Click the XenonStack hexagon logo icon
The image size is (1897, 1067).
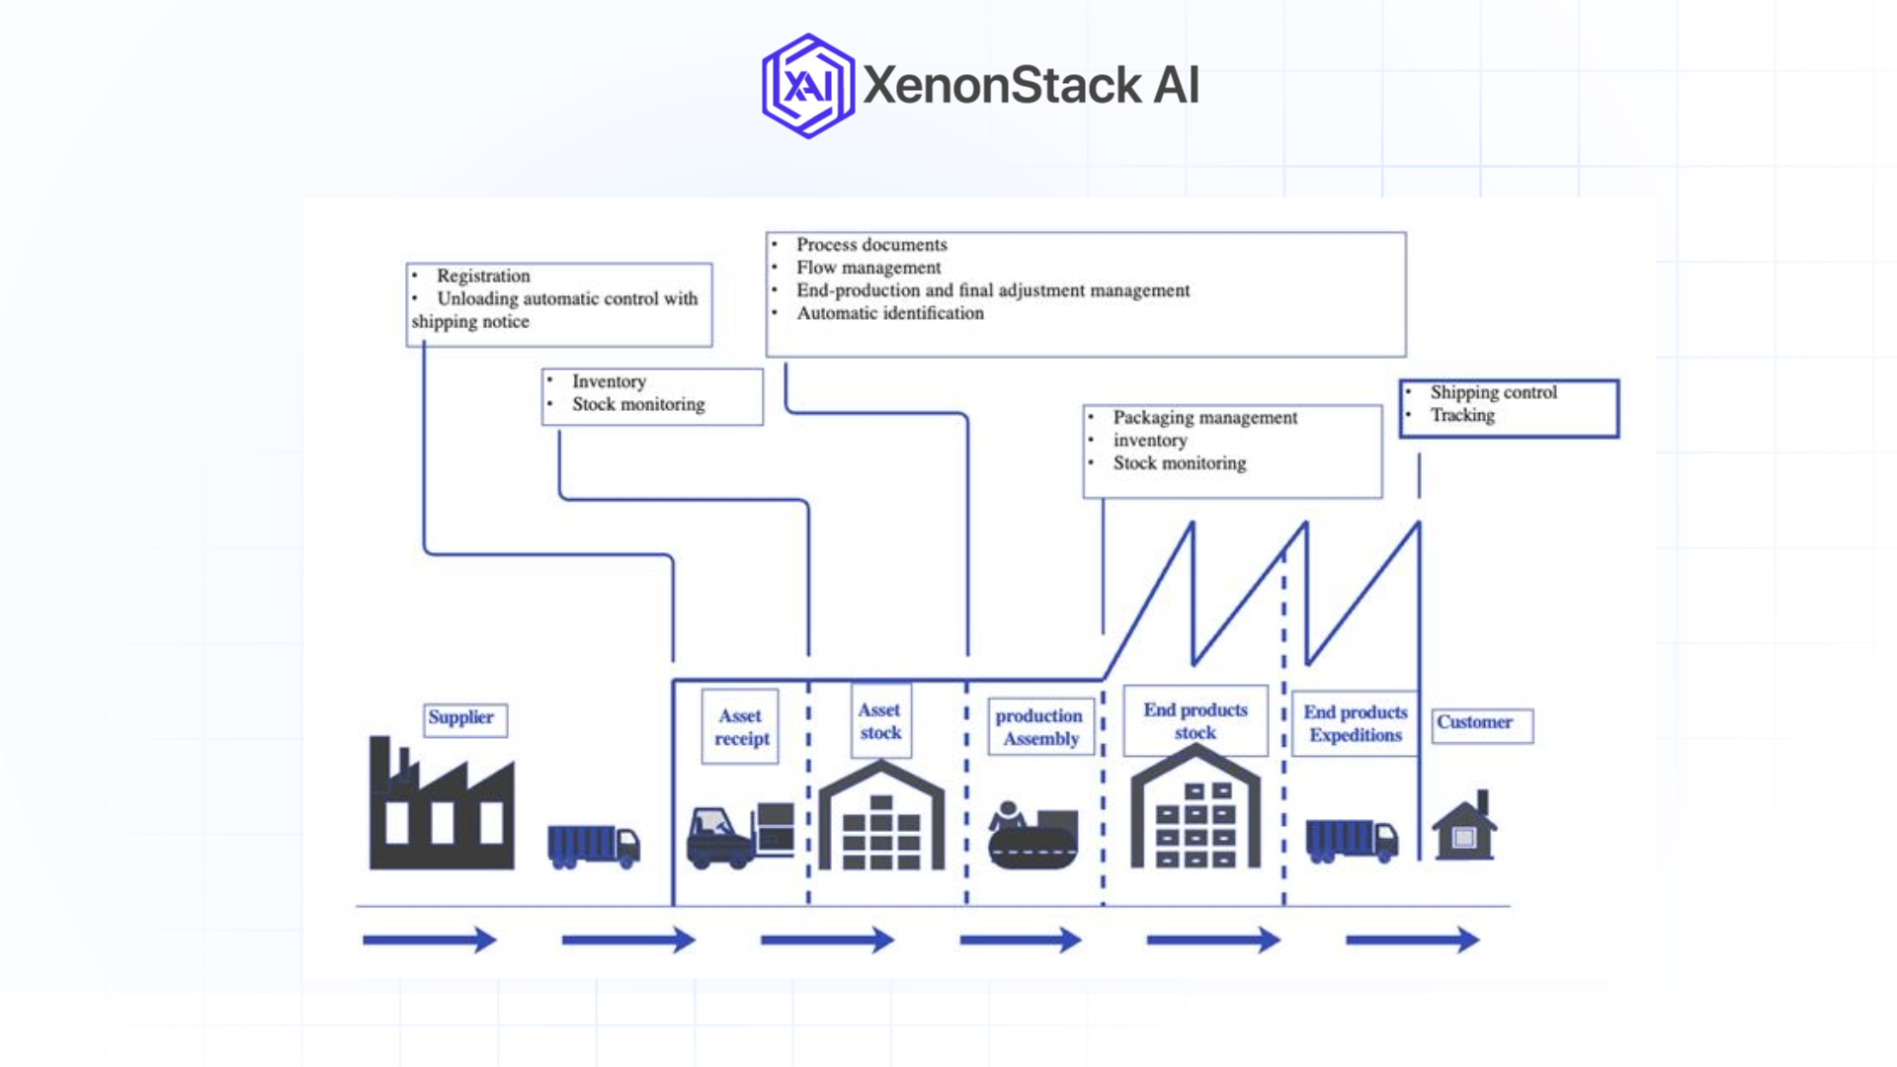(x=808, y=86)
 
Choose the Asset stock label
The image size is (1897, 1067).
(x=880, y=722)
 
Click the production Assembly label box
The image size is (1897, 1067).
(x=1040, y=727)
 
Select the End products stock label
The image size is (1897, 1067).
(x=1196, y=721)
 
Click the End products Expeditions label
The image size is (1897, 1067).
(x=1355, y=724)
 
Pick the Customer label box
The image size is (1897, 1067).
(x=1481, y=724)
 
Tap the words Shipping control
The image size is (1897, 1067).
(x=1493, y=392)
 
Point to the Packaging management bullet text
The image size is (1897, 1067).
(x=1204, y=418)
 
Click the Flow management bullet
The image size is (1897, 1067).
(x=868, y=268)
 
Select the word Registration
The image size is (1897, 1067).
(x=483, y=276)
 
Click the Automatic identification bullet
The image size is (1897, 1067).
(x=889, y=313)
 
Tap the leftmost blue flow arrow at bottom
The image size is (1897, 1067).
(x=429, y=940)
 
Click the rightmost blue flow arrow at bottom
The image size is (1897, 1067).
(x=1412, y=940)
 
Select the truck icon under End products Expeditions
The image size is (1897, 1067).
(x=1351, y=841)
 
